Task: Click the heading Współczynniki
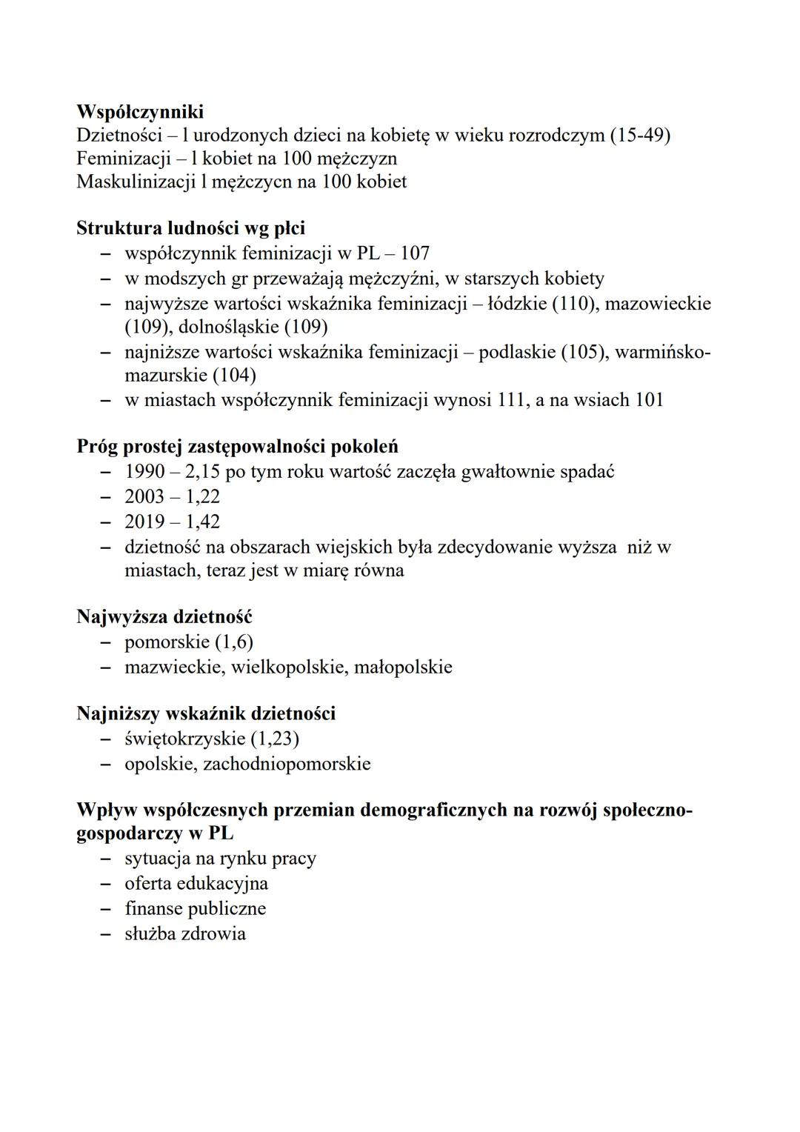140,112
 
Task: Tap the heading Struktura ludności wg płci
190,228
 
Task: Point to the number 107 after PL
415,253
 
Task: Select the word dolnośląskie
228,327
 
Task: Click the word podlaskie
516,352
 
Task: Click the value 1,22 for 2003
202,496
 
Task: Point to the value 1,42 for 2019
202,522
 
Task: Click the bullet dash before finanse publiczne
107,909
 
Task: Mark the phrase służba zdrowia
184,933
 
